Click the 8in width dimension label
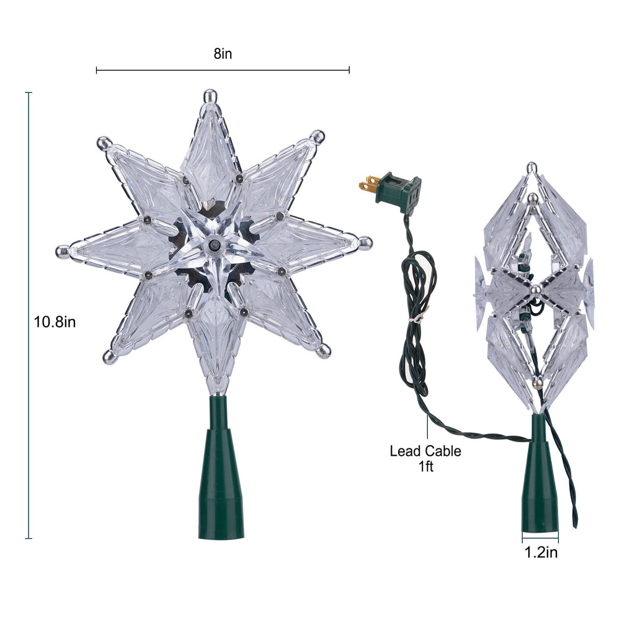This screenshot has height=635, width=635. pos(223,54)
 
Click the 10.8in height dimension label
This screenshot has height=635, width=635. pos(55,322)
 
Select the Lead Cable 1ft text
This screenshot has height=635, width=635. pos(425,458)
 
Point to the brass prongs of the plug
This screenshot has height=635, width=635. pos(369,184)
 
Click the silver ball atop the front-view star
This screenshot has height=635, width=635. pos(210,96)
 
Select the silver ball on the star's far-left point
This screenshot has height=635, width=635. pos(62,252)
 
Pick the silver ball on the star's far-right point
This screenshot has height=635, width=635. pos(365,242)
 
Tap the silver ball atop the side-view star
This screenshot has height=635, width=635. pos(531,167)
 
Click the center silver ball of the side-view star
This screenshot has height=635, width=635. pos(535,290)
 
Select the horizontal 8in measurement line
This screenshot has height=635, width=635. pos(223,70)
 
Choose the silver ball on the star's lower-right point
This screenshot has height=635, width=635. pos(324,352)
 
